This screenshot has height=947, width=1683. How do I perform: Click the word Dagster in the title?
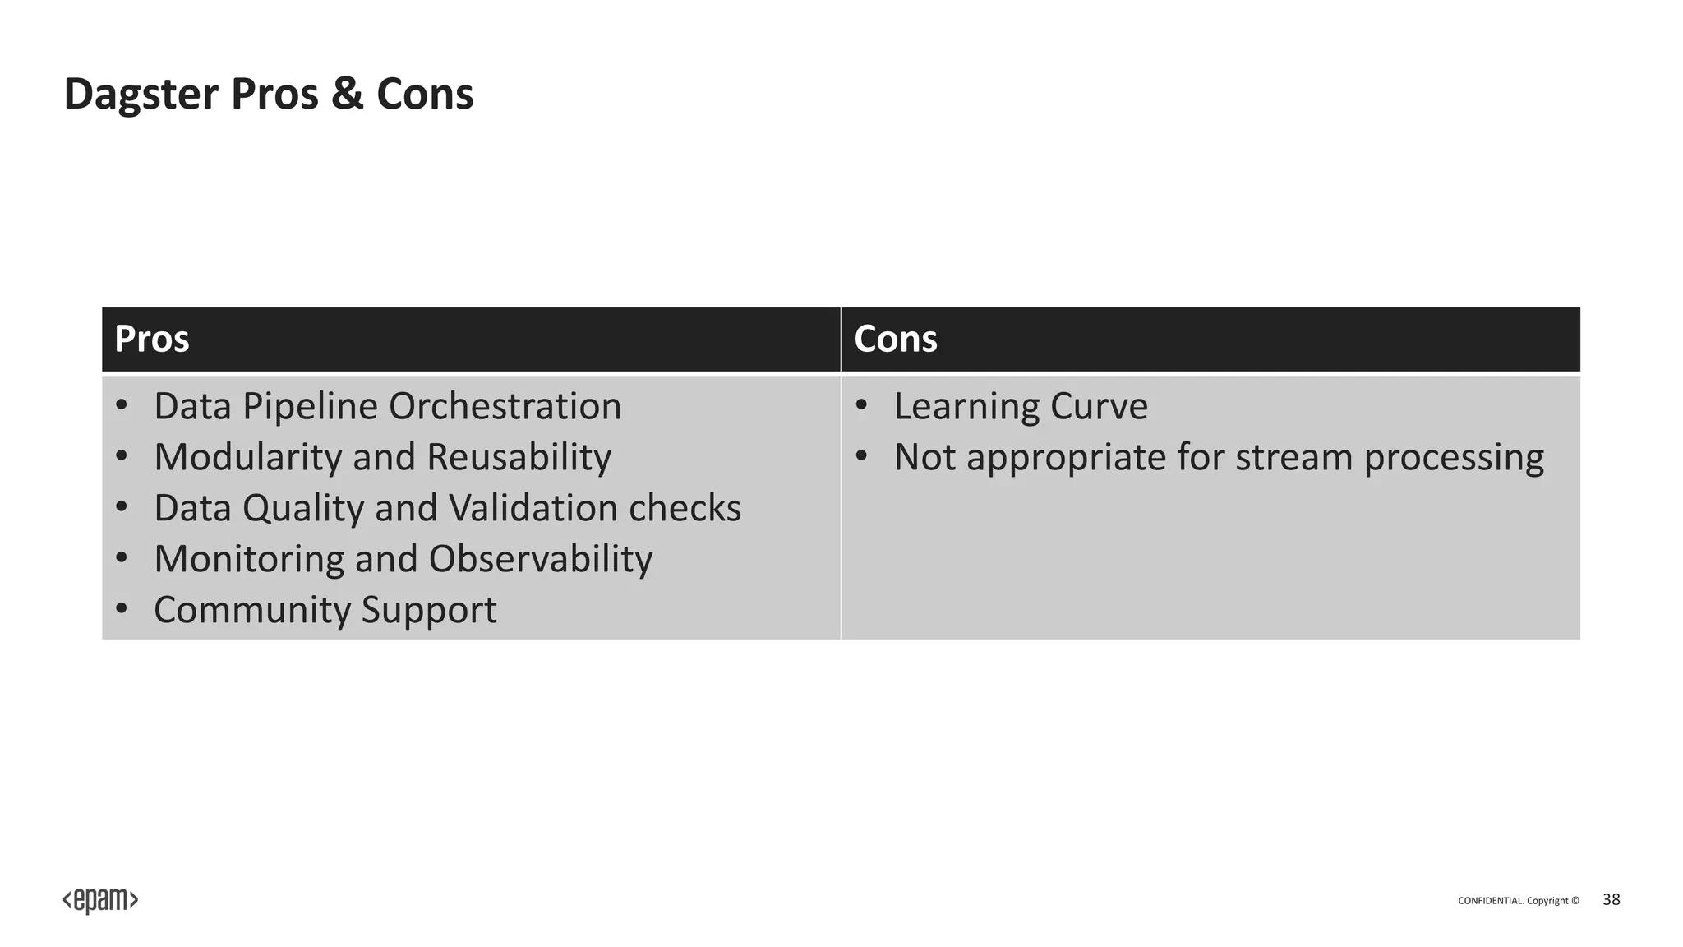point(141,94)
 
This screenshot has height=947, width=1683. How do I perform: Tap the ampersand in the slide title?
point(346,94)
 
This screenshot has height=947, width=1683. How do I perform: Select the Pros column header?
point(152,339)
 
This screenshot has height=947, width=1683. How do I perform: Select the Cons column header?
point(895,339)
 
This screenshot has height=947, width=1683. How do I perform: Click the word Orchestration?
point(505,406)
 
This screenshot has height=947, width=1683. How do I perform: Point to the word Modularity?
point(247,457)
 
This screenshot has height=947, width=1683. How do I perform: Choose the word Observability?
point(540,559)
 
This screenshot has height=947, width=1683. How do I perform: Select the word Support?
point(428,610)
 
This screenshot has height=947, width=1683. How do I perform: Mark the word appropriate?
point(1065,457)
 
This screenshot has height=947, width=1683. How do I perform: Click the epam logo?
point(100,901)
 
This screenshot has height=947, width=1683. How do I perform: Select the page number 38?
point(1611,900)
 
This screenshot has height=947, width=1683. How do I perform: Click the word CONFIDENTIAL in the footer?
point(1490,901)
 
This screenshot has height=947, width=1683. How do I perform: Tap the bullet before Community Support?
point(122,610)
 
